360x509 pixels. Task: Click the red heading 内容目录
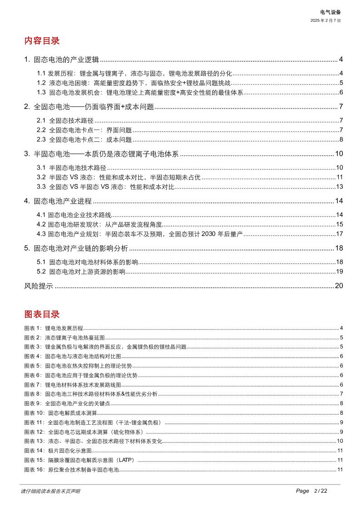pyautogui.click(x=42, y=41)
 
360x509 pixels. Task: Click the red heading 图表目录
pyautogui.click(x=42, y=314)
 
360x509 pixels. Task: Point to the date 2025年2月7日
pyautogui.click(x=325, y=20)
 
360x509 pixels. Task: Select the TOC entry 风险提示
pyautogui.click(x=39, y=286)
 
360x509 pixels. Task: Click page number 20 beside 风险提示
pyautogui.click(x=339, y=286)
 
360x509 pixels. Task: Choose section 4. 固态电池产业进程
pyautogui.click(x=58, y=201)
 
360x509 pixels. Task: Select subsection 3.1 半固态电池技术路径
pyautogui.click(x=71, y=167)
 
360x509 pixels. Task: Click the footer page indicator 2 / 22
pyautogui.click(x=320, y=491)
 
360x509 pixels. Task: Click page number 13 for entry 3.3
pyautogui.click(x=339, y=187)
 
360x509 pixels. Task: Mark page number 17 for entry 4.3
pyautogui.click(x=339, y=234)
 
